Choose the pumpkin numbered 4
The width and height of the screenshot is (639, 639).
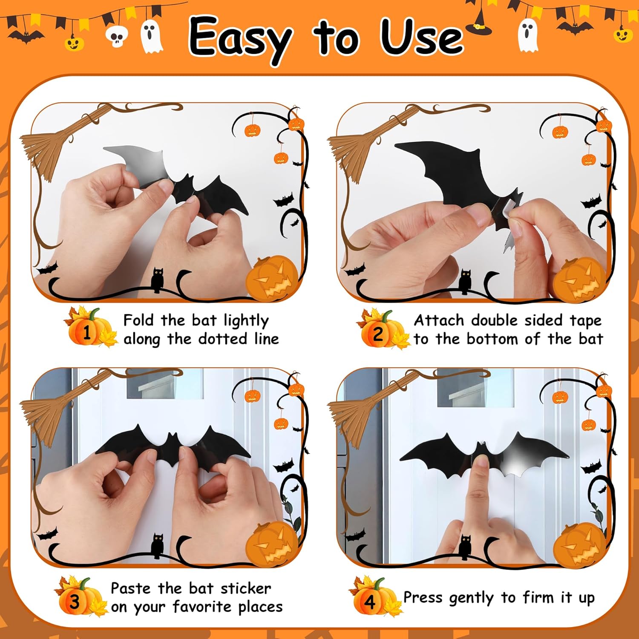click(370, 601)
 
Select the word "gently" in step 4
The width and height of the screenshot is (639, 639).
click(471, 598)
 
